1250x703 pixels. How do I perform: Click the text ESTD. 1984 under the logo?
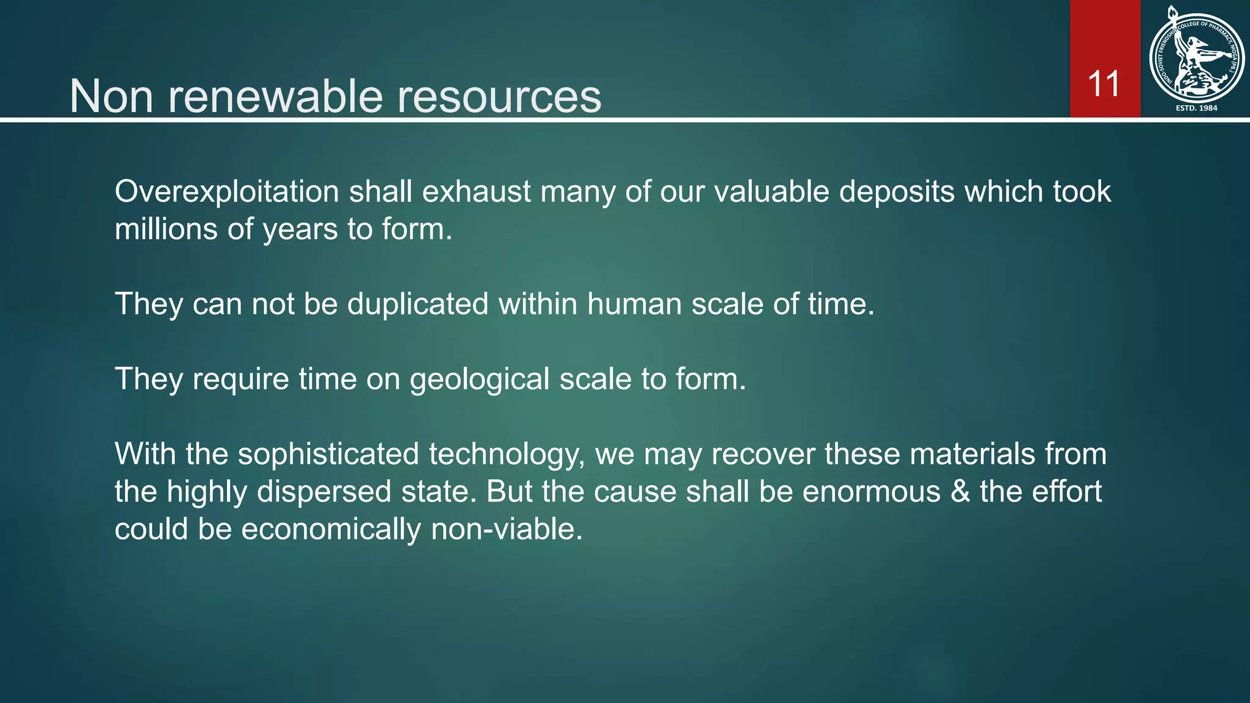(x=1196, y=108)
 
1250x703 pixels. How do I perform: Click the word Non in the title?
(x=111, y=96)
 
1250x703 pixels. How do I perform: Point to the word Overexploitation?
(x=226, y=192)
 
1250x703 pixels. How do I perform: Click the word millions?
(x=166, y=230)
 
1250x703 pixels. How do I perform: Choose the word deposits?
(x=897, y=192)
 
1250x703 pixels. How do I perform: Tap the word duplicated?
(x=417, y=304)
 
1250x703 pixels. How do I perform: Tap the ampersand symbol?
(x=961, y=492)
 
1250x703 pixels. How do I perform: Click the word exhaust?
(x=476, y=192)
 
